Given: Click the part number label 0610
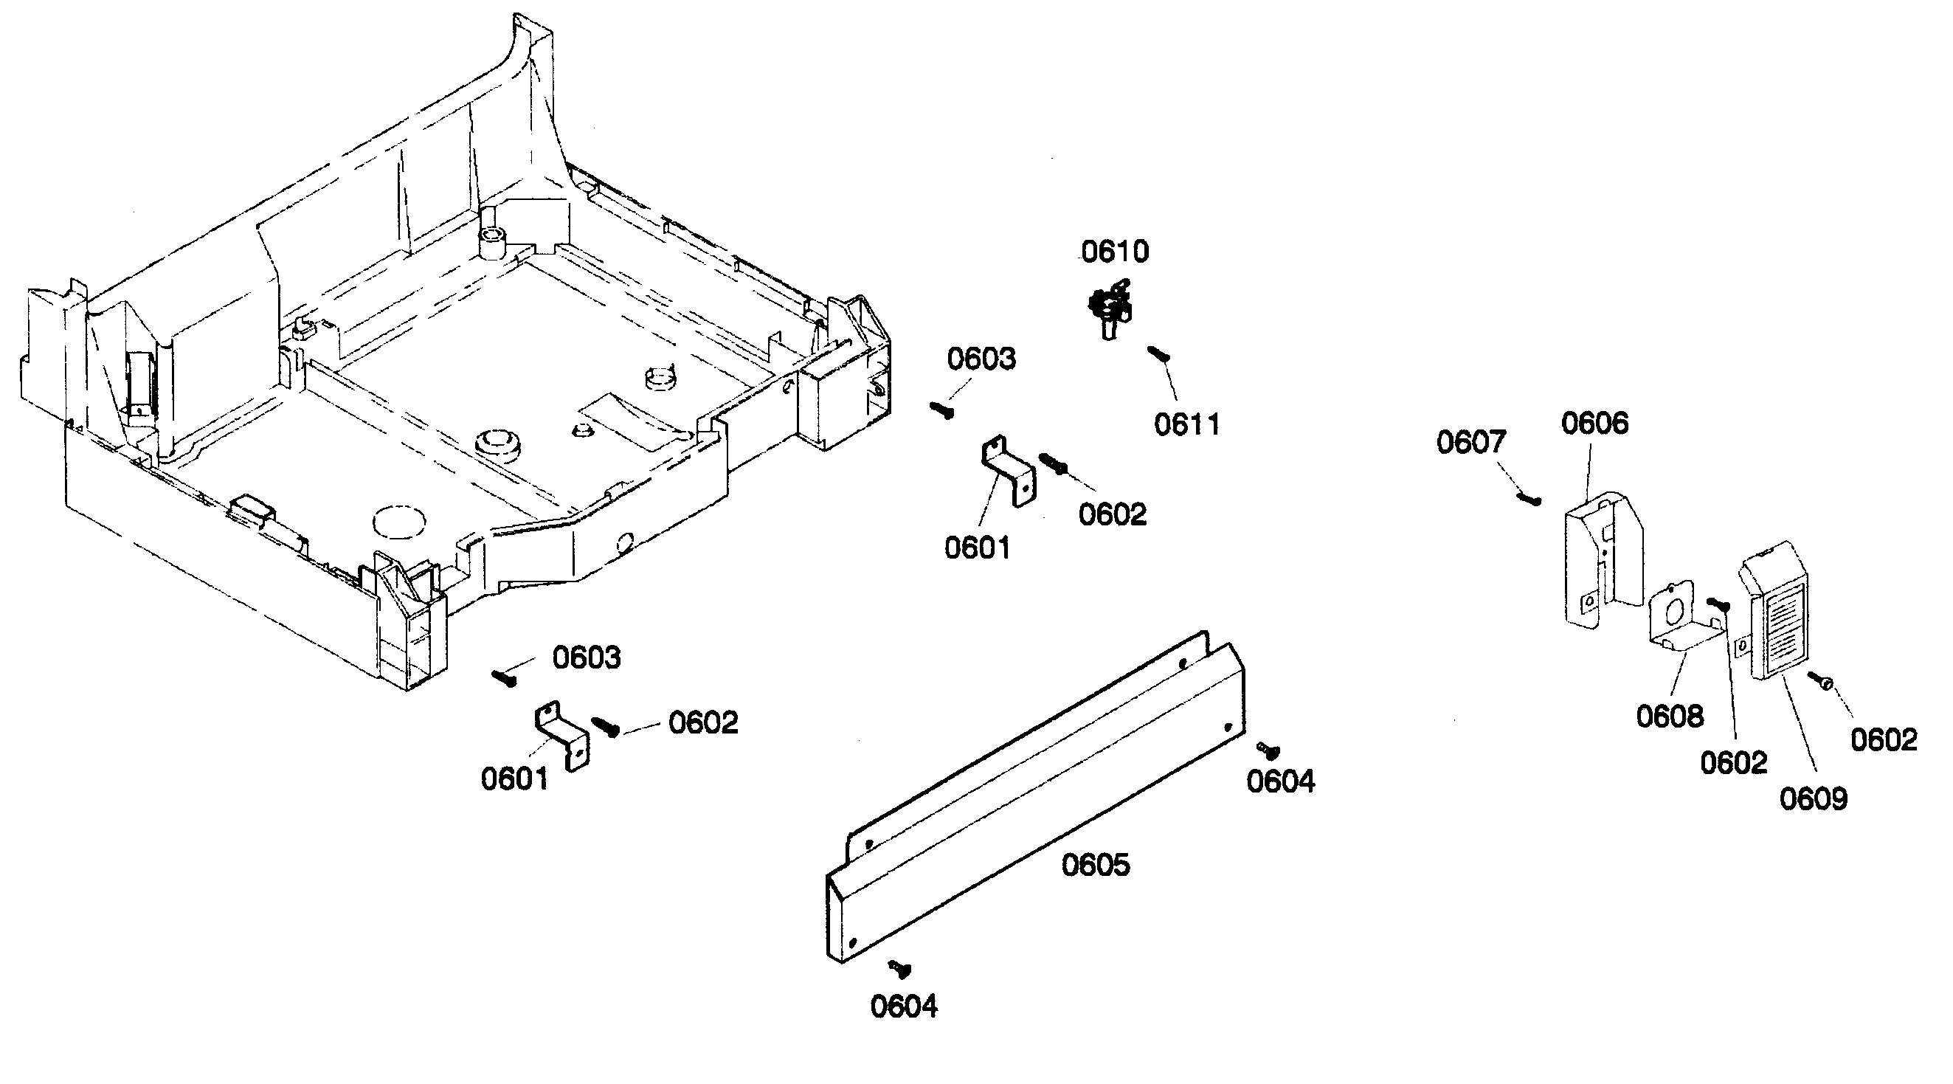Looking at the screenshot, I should pyautogui.click(x=1115, y=252).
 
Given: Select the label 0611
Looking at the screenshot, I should pyautogui.click(x=1186, y=425).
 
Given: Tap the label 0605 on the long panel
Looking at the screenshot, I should pyautogui.click(x=1095, y=865).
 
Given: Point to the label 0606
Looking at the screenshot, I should pyautogui.click(x=1594, y=424).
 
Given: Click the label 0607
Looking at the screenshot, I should pyautogui.click(x=1470, y=443).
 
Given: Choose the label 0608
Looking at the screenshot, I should pyautogui.click(x=1670, y=717).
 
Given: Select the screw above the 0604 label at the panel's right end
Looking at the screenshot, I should pyautogui.click(x=1268, y=750).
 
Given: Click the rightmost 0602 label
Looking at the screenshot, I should pyautogui.click(x=1883, y=740).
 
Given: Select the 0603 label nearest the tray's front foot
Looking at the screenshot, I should pyautogui.click(x=586, y=658).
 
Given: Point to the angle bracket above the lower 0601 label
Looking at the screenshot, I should pyautogui.click(x=562, y=733).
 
